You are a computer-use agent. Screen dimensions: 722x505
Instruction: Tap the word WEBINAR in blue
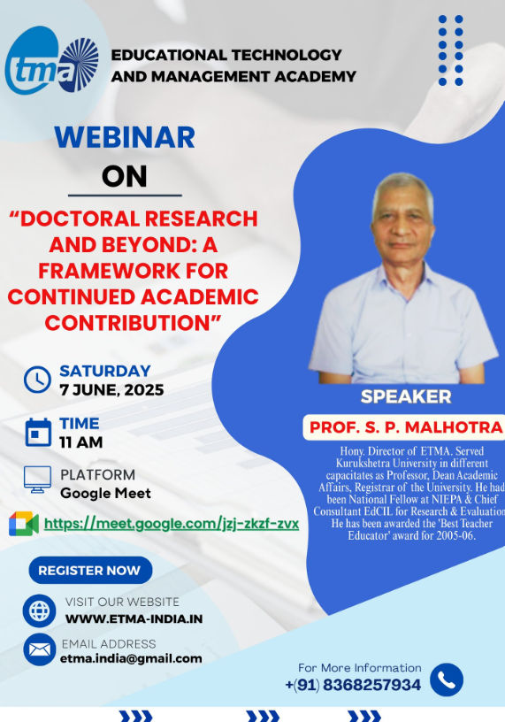125,137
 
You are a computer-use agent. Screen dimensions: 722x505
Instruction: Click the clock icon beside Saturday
37,379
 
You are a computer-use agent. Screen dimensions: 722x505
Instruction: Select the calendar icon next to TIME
38,432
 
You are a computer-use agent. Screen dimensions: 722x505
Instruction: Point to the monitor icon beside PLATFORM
37,479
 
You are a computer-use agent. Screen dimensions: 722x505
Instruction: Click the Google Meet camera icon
24,524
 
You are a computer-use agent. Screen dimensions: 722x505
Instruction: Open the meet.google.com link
172,524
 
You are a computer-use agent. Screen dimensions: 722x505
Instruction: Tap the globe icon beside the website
39,610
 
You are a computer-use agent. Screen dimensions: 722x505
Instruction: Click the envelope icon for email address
39,649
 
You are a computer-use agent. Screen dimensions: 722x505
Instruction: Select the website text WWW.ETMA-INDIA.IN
134,618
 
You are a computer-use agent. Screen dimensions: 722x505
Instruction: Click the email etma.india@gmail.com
131,658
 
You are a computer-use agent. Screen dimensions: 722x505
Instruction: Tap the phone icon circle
447,680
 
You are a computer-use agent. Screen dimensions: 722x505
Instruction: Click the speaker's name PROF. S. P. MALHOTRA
405,428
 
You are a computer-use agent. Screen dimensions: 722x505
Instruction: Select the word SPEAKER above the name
406,396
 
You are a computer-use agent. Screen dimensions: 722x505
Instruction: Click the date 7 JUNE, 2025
111,390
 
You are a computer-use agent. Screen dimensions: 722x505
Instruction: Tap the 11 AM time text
81,442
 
